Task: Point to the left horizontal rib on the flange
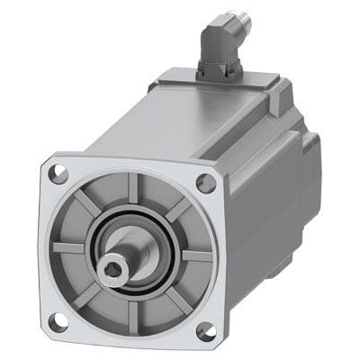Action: [x=67, y=245]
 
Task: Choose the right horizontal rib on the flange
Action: [x=194, y=256]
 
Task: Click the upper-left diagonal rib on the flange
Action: [x=86, y=203]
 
